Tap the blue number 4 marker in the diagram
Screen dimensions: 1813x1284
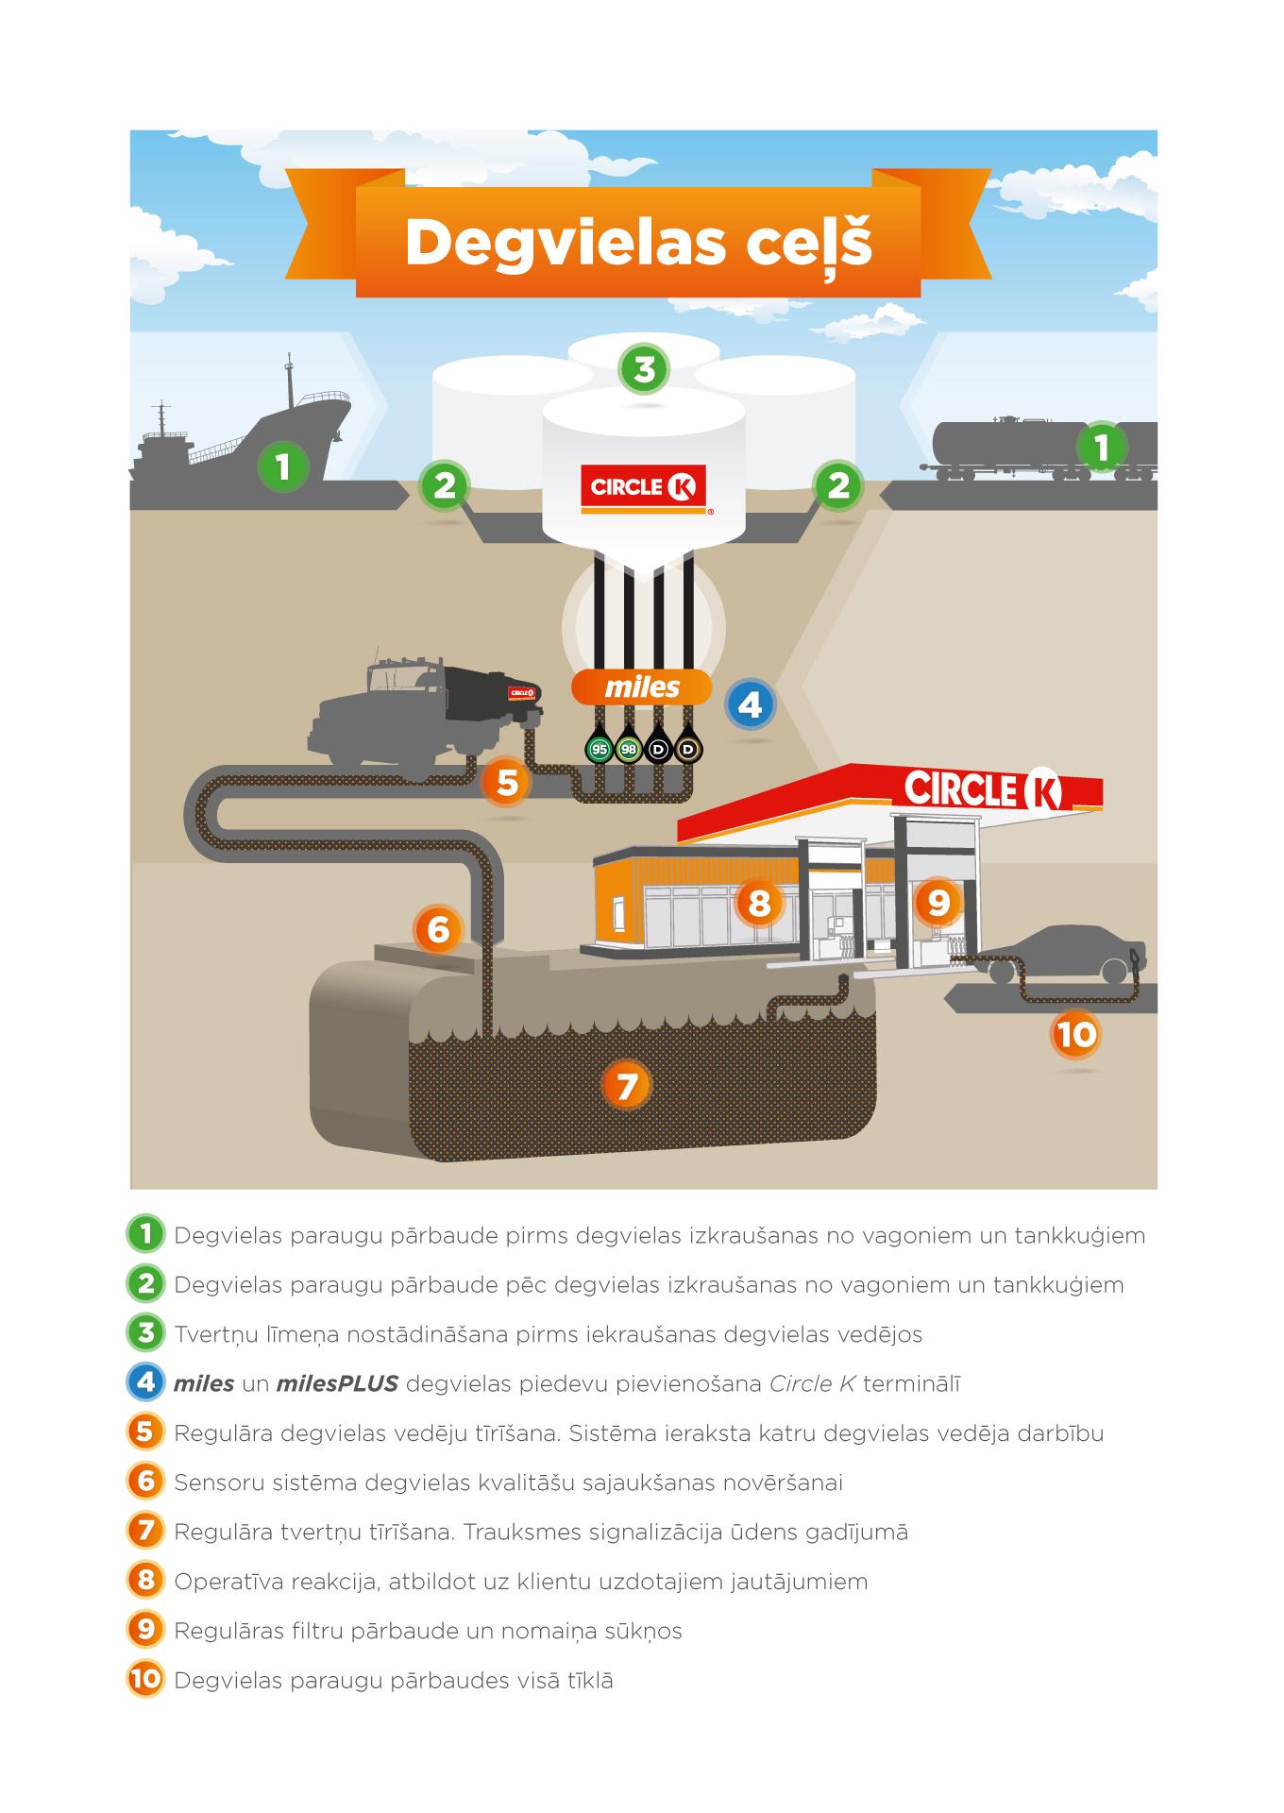coord(751,704)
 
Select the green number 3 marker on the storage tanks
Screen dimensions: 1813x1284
coord(644,368)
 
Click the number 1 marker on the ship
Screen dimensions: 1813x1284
coord(281,465)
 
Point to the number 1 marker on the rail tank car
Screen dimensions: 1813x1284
coord(1101,446)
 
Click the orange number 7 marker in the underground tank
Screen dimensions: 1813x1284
coord(627,1086)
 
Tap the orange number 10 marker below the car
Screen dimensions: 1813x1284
coord(1075,1034)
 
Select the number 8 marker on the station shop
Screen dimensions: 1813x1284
coord(759,903)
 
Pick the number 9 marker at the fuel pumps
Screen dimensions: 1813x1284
coord(938,903)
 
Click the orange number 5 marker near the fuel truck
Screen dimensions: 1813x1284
coord(507,782)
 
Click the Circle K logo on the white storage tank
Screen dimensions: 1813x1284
coord(643,487)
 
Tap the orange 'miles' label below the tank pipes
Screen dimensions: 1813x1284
coord(642,687)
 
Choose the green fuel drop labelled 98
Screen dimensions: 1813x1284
coord(628,750)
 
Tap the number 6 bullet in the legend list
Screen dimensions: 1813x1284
coord(145,1482)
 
